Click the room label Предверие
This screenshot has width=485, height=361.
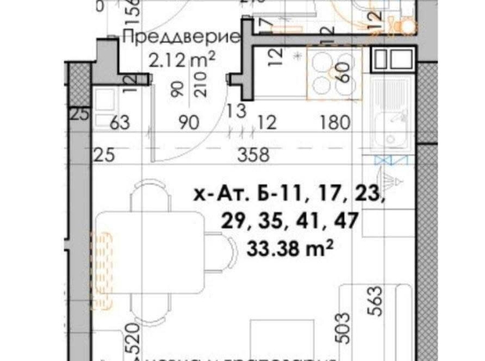click(x=180, y=36)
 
